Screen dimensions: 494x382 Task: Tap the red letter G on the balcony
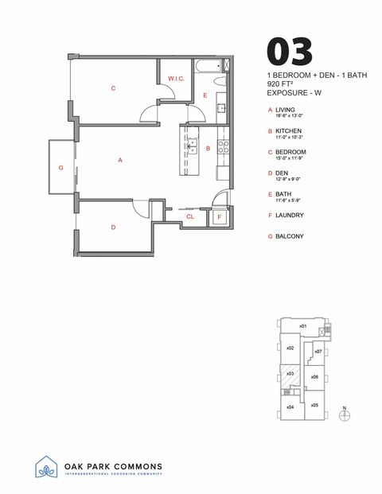point(60,168)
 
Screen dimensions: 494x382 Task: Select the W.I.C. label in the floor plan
point(176,78)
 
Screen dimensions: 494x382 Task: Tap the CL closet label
point(190,216)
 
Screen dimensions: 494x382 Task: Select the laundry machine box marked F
point(219,216)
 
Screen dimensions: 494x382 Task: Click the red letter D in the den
point(113,228)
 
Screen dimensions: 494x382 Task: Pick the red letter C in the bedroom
point(113,88)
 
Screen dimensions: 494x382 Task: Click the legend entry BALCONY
point(290,236)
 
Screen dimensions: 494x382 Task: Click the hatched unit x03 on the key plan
point(291,374)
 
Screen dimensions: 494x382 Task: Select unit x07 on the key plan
point(318,351)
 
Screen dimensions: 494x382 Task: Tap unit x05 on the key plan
point(314,405)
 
